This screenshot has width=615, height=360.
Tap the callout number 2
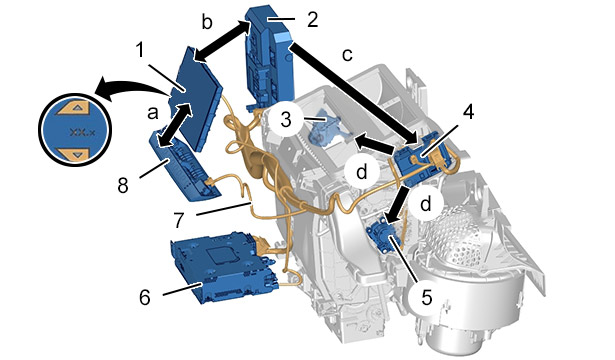point(312,20)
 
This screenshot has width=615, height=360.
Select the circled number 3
point(286,120)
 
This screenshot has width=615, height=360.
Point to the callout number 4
point(468,112)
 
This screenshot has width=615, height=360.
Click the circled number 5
point(426,297)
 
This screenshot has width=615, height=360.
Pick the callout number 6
point(145,298)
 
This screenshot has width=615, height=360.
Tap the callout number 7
point(179,220)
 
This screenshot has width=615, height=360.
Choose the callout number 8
point(123,185)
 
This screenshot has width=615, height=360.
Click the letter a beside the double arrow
point(153,114)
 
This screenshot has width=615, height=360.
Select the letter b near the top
point(207,23)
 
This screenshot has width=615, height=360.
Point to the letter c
point(347,55)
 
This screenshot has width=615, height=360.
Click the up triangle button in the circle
point(75,107)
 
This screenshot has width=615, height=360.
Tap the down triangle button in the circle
point(75,154)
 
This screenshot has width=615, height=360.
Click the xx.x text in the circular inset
point(82,132)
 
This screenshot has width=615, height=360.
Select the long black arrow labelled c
point(354,94)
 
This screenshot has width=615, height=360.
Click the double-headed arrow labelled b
point(222,41)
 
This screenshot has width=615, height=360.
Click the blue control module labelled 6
point(224,267)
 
